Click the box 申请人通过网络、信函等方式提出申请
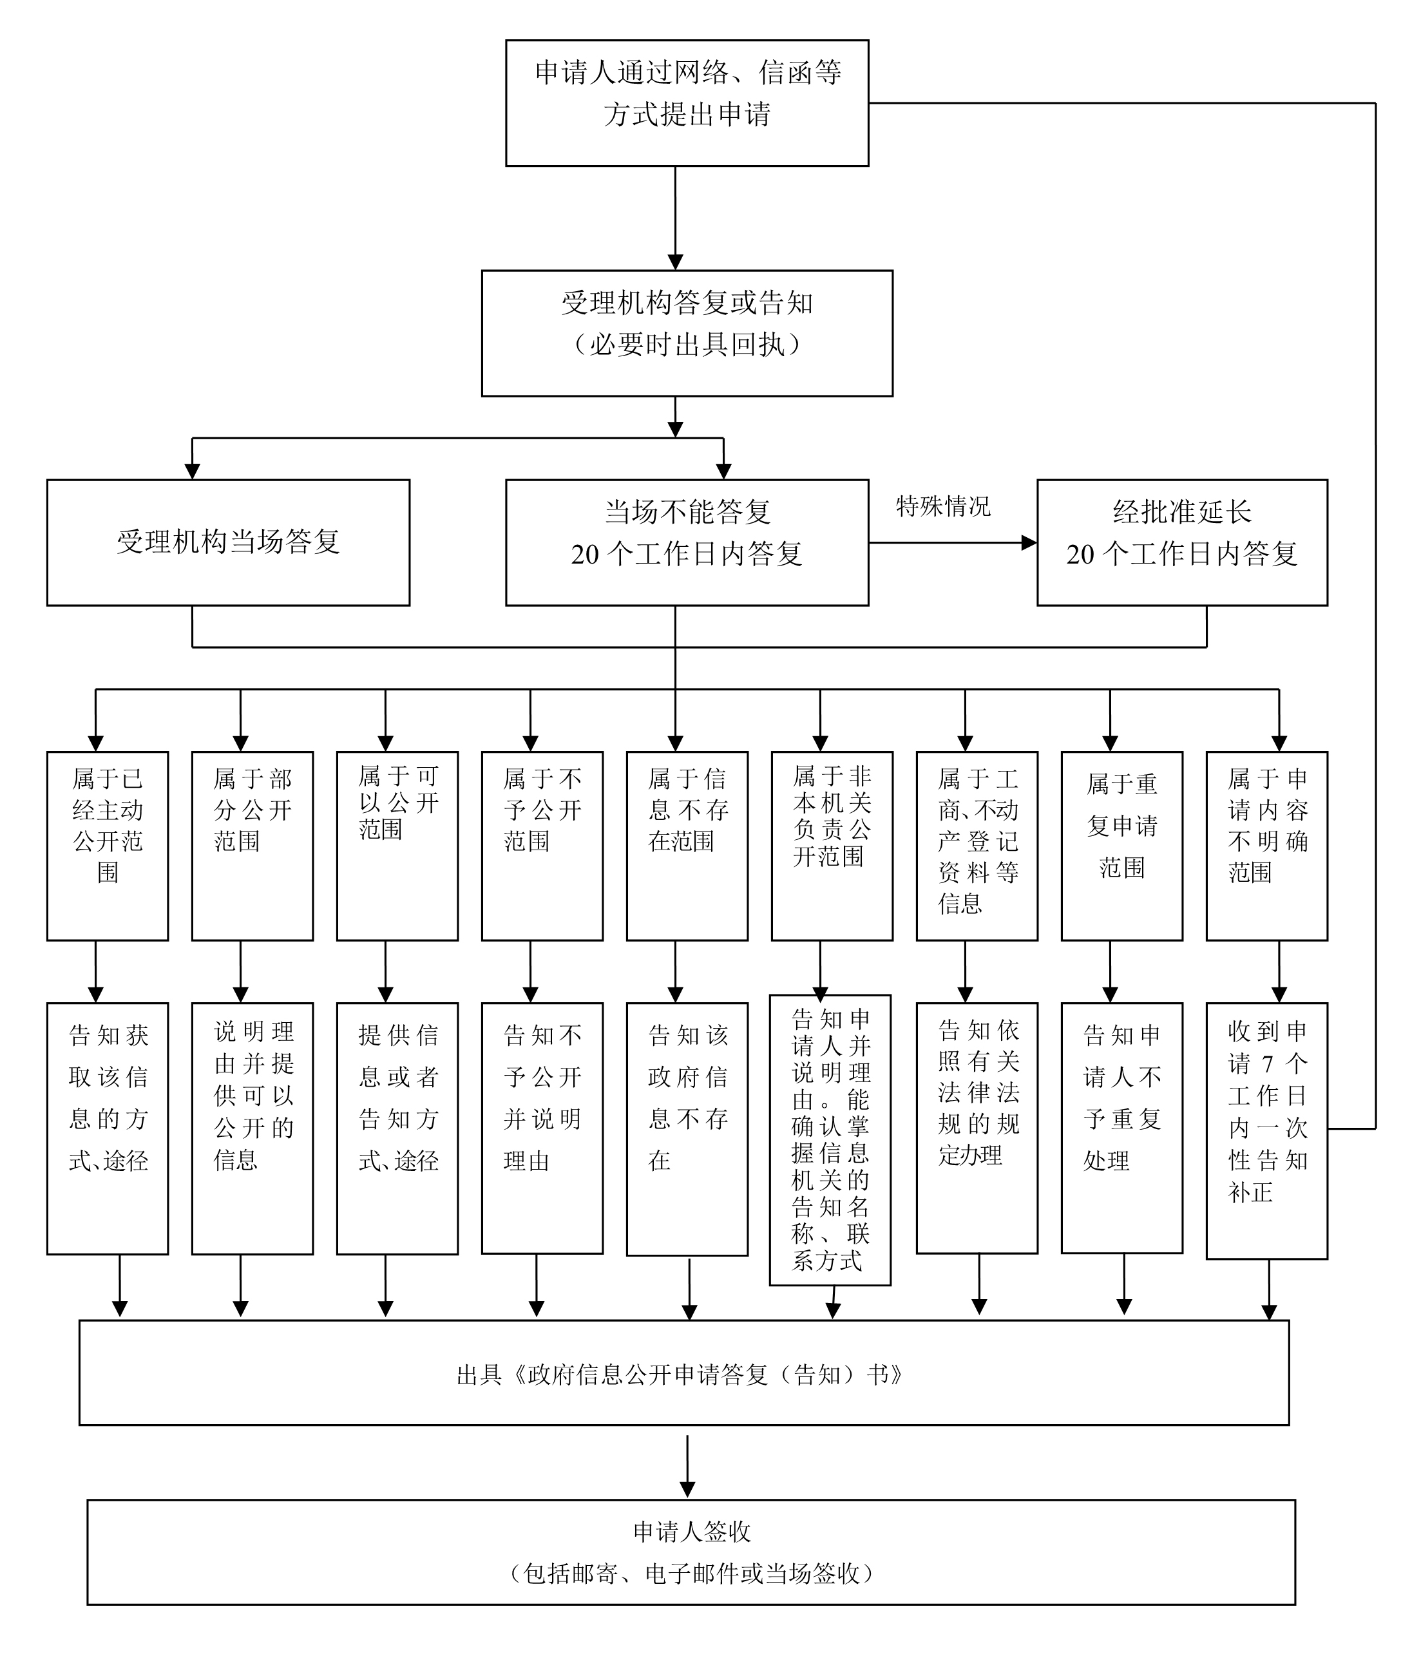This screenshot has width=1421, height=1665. [x=687, y=103]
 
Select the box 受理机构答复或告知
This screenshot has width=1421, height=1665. [x=687, y=333]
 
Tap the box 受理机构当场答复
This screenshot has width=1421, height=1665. [x=228, y=542]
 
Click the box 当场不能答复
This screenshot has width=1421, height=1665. [x=687, y=542]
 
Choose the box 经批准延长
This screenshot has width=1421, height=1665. [x=1181, y=542]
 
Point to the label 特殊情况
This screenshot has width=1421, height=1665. [x=943, y=506]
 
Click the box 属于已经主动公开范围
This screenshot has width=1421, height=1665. [x=108, y=845]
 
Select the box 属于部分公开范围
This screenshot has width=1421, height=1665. [x=253, y=845]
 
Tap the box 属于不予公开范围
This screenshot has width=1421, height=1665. [x=542, y=845]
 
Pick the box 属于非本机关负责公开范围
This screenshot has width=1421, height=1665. [x=832, y=845]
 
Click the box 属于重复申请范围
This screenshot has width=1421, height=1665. [x=1121, y=845]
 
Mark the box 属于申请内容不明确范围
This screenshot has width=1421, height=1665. [x=1266, y=845]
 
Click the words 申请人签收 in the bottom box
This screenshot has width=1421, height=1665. [x=691, y=1532]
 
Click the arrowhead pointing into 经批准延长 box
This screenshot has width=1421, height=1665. [x=1029, y=542]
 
